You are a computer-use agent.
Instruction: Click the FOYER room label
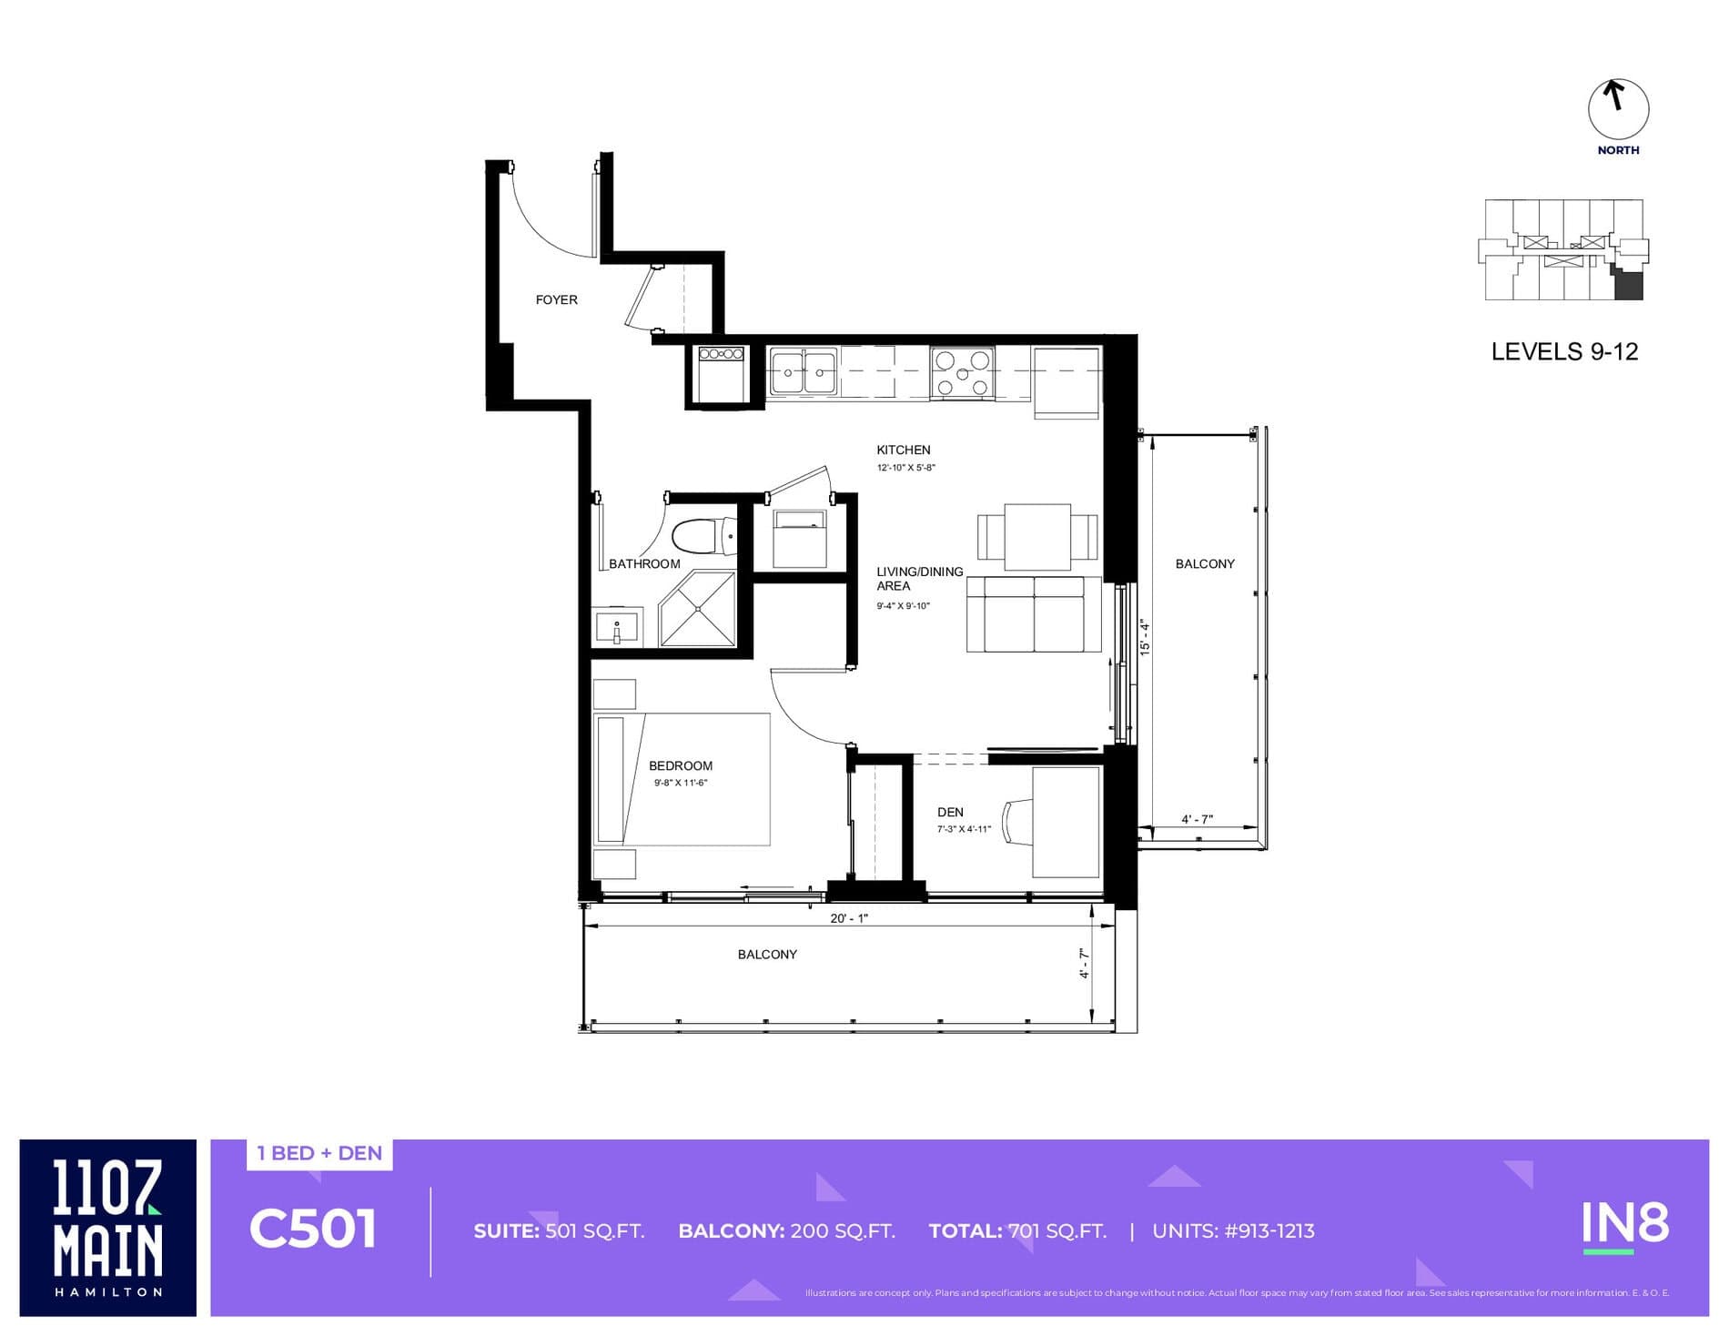point(556,299)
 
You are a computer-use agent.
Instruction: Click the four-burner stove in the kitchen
point(962,373)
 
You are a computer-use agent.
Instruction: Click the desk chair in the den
point(1016,823)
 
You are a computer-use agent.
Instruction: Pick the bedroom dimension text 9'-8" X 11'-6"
point(680,783)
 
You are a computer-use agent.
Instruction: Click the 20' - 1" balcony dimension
point(848,918)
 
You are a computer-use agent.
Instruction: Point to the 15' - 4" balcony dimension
point(1145,637)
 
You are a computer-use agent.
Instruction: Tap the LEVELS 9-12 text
point(1564,352)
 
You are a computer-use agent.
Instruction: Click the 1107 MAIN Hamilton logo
point(108,1227)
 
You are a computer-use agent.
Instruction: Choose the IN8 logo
point(1624,1225)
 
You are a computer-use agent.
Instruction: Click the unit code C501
point(312,1230)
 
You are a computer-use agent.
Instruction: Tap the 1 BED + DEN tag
point(319,1153)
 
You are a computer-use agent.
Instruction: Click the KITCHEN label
point(903,450)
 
